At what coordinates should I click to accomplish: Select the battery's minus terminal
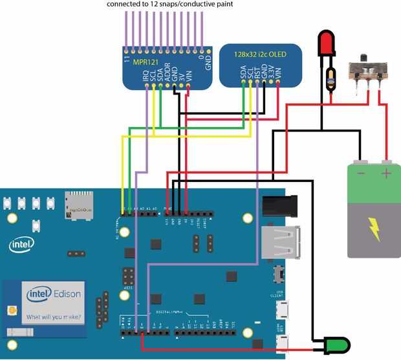(361, 164)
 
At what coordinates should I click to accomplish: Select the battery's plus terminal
(387, 164)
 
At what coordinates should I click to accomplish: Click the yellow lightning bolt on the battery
(374, 228)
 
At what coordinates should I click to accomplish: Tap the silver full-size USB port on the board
(281, 243)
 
